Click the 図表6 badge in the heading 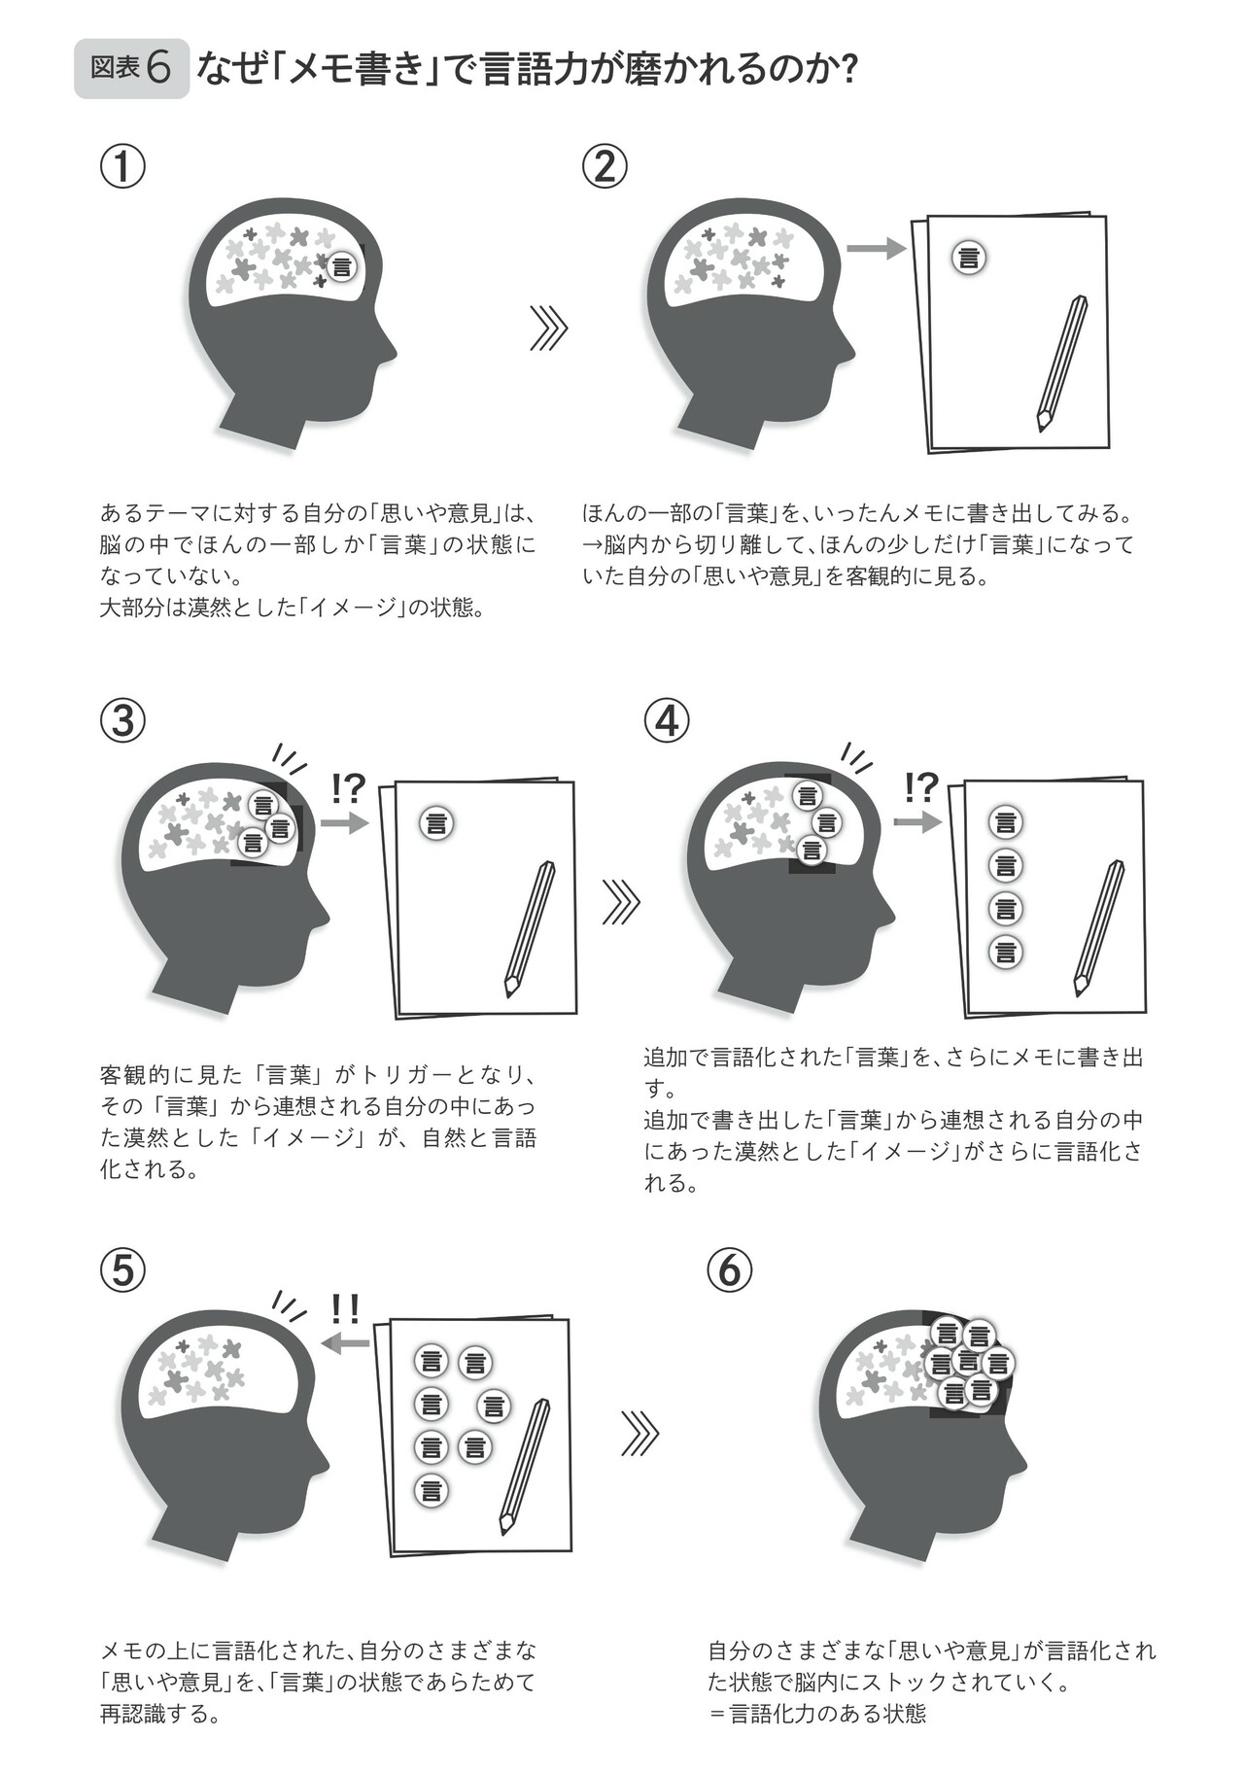click(131, 69)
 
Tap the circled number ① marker click(123, 167)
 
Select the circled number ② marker click(605, 167)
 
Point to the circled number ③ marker click(123, 720)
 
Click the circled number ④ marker click(667, 720)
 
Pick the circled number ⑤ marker click(123, 1271)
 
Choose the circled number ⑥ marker click(730, 1271)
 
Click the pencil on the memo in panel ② click(1061, 363)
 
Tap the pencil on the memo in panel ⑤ click(525, 1467)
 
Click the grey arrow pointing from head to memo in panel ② click(876, 249)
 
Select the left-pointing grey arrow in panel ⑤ click(344, 1343)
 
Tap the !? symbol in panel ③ click(346, 788)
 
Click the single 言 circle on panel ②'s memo click(969, 258)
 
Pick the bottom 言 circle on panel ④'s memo click(1006, 952)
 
